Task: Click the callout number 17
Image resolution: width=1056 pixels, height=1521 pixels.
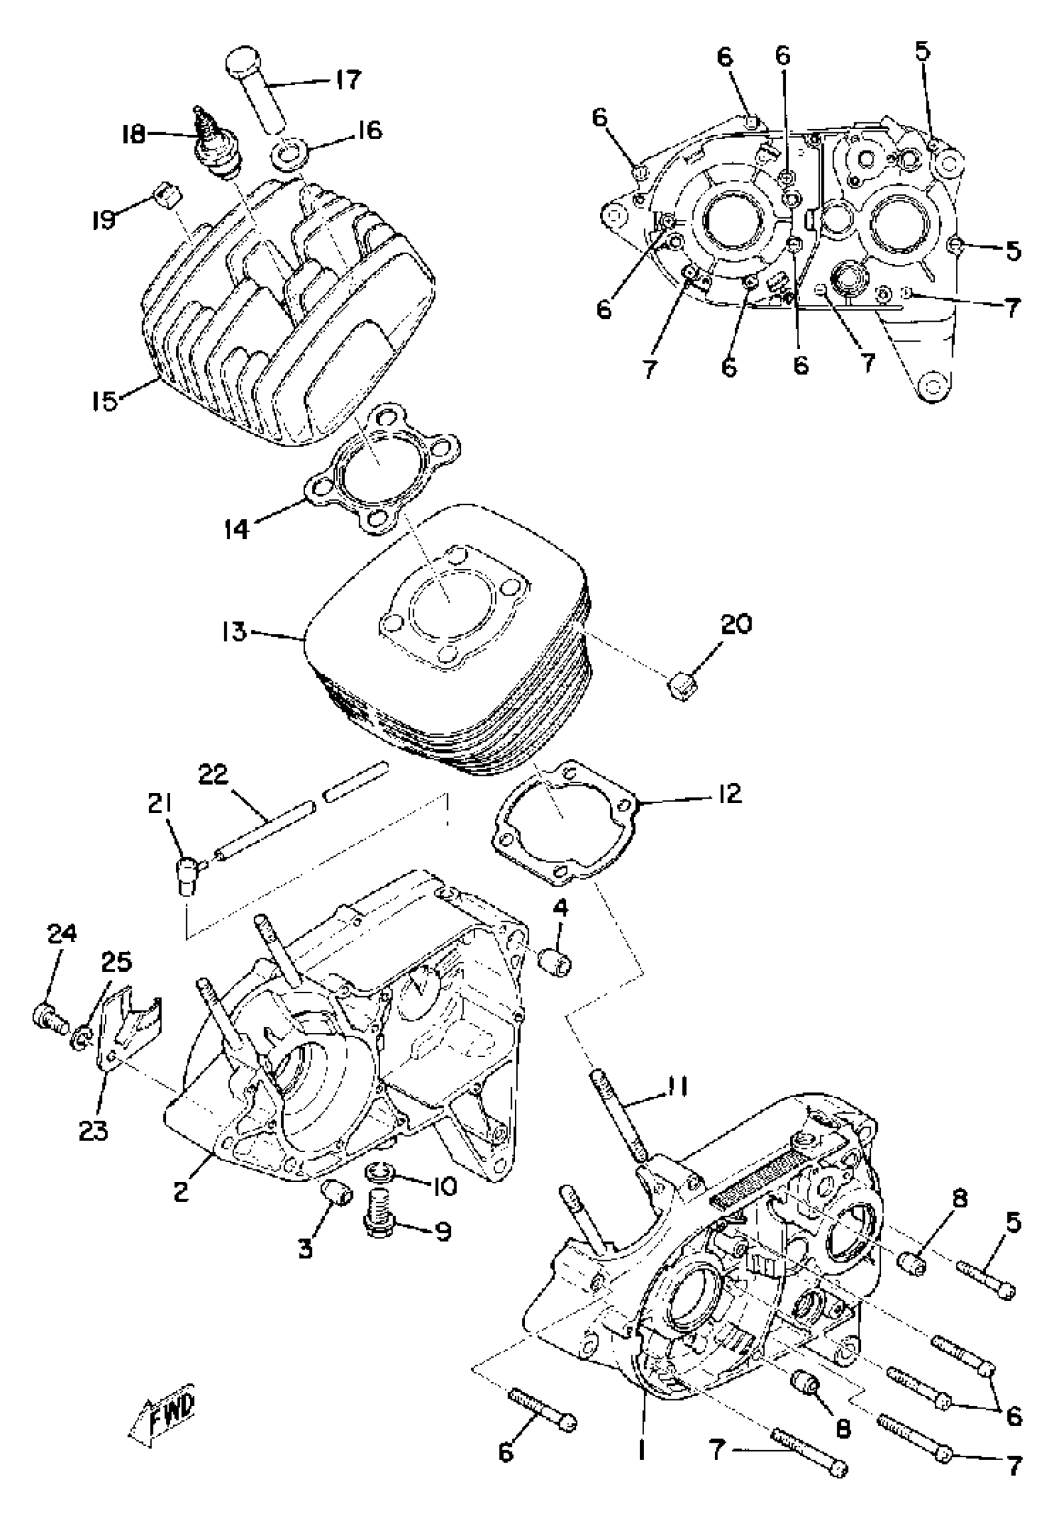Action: click(347, 80)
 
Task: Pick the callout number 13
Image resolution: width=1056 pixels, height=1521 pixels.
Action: click(234, 632)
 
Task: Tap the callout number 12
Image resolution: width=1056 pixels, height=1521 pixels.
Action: click(729, 793)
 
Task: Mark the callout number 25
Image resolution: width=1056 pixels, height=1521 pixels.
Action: click(116, 963)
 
